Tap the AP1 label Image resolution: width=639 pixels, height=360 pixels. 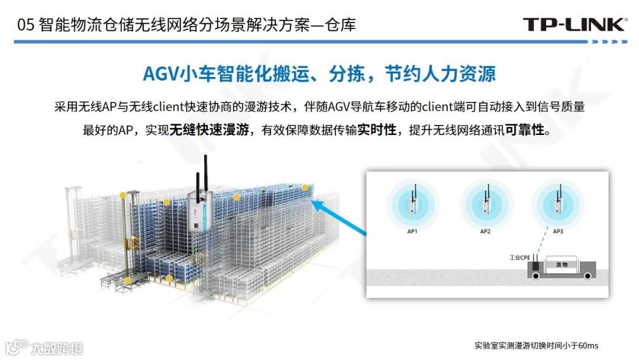(x=412, y=231)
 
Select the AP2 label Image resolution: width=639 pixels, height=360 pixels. (x=485, y=231)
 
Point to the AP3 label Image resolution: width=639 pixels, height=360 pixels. (x=557, y=231)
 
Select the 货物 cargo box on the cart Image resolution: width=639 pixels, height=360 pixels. (x=557, y=265)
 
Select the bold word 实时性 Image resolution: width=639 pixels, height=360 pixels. (x=376, y=130)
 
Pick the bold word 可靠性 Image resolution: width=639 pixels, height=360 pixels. (x=524, y=130)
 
